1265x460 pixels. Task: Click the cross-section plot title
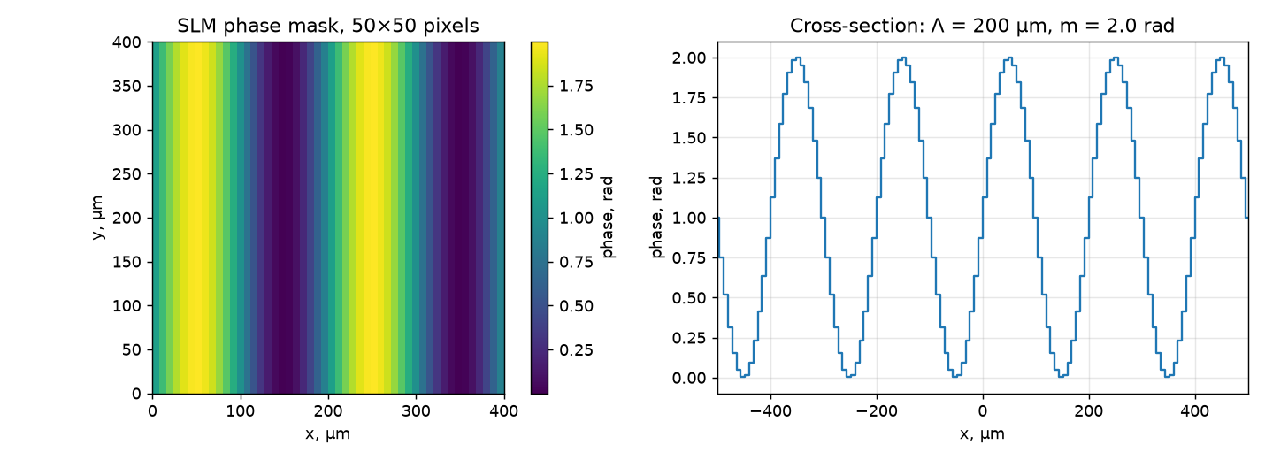click(982, 26)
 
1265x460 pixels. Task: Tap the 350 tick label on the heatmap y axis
click(126, 87)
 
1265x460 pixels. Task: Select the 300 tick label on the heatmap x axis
click(416, 410)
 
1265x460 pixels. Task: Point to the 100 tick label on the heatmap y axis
click(126, 306)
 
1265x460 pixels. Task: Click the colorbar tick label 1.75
click(576, 87)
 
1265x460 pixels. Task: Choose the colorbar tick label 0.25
click(576, 350)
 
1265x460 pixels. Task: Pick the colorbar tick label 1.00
click(576, 218)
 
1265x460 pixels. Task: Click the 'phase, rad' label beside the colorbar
click(608, 218)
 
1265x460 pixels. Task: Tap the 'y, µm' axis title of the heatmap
click(97, 218)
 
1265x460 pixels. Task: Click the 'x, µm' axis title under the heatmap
click(328, 433)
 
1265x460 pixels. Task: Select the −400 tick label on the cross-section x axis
click(770, 410)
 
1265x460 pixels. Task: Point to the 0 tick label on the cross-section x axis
click(983, 410)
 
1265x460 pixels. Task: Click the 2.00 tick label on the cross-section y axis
click(688, 57)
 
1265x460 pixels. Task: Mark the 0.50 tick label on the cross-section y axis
click(688, 298)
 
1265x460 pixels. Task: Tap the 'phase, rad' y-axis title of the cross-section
click(656, 218)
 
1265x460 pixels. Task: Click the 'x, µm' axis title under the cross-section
click(983, 433)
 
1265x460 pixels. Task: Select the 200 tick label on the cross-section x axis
click(1089, 410)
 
